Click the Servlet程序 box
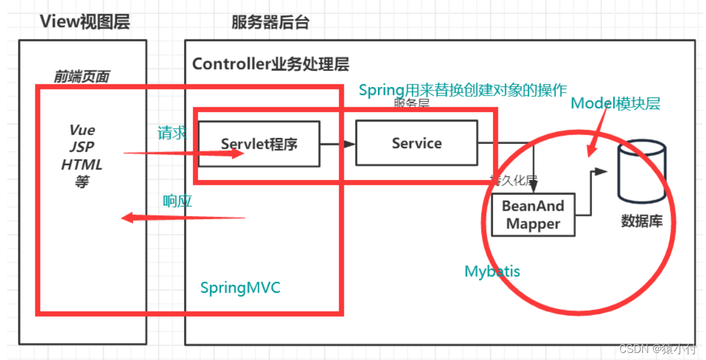(x=258, y=143)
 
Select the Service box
(x=416, y=143)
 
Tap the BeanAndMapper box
(x=533, y=215)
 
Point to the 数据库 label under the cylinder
(x=642, y=221)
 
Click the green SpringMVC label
(x=240, y=288)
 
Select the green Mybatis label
(x=492, y=271)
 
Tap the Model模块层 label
(x=615, y=104)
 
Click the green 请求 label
(x=172, y=133)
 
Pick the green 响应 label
(x=178, y=201)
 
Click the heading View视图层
(x=84, y=22)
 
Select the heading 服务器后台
(x=270, y=22)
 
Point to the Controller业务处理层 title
(x=271, y=64)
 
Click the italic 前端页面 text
(x=81, y=76)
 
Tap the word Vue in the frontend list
(x=82, y=130)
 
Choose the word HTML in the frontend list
(x=82, y=164)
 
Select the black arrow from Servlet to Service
(x=337, y=143)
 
